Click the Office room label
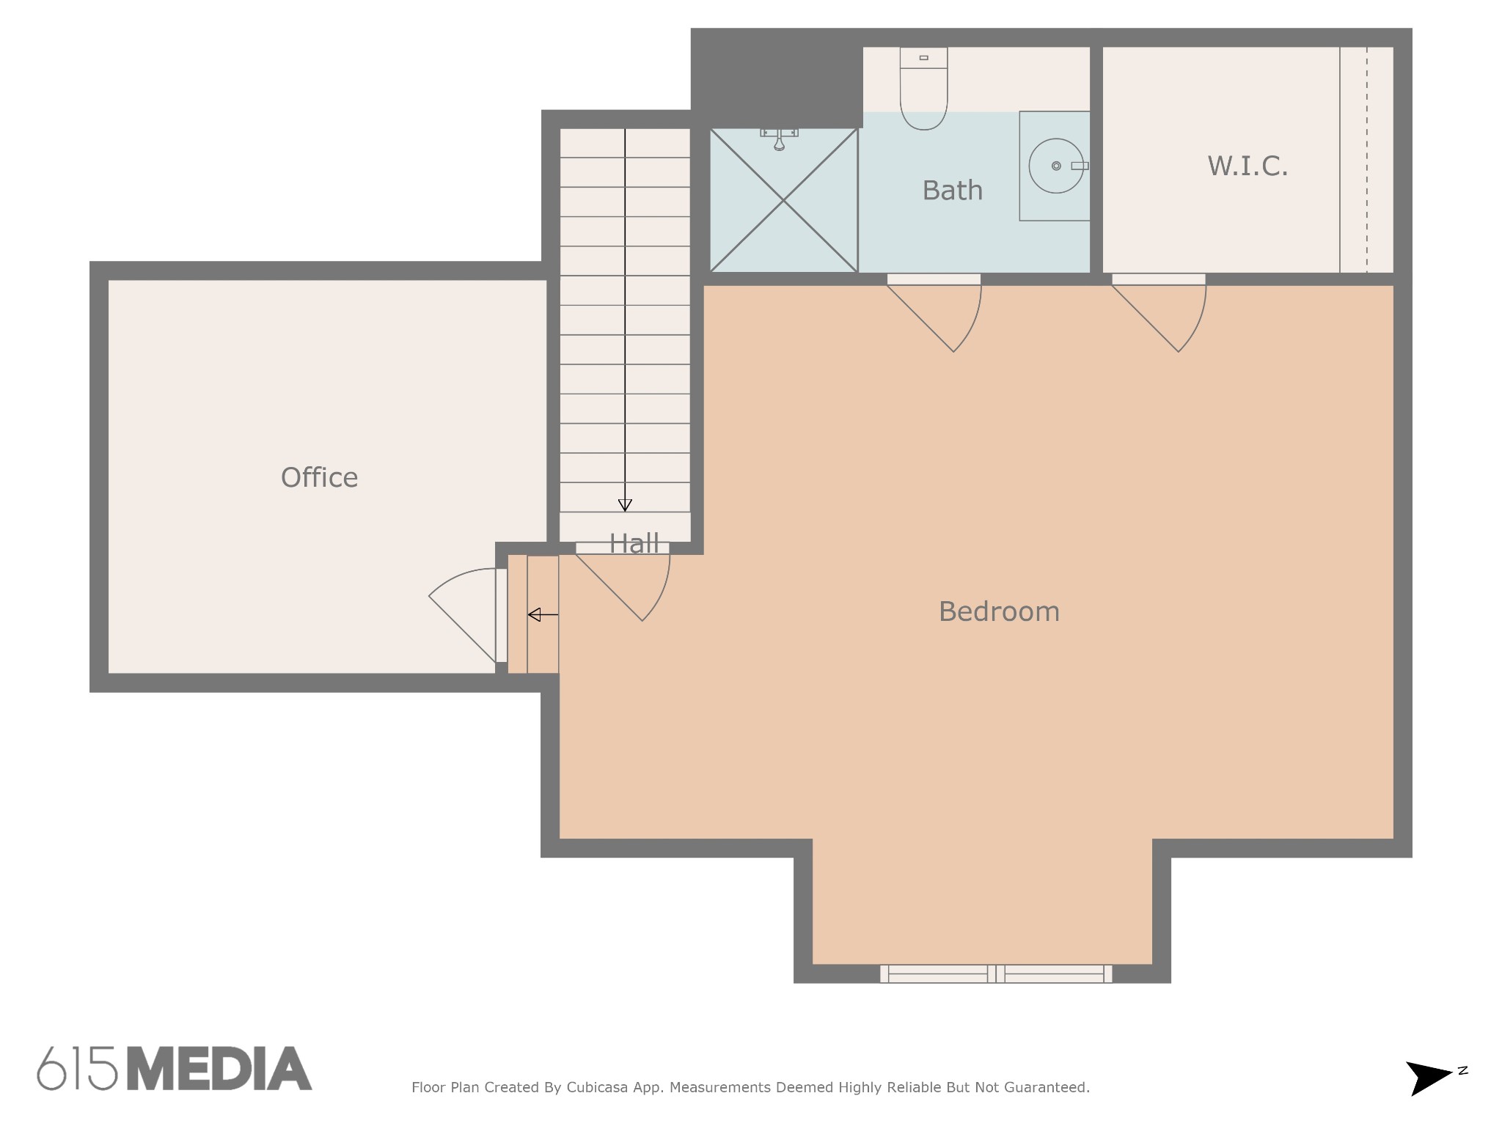[x=320, y=478]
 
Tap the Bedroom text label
[x=999, y=611]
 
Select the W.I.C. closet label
[x=1248, y=166]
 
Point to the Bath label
[x=952, y=191]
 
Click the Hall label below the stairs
[x=634, y=543]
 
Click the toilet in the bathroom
[x=923, y=89]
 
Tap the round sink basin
[x=1056, y=166]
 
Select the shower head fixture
[x=779, y=139]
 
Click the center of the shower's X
[x=783, y=200]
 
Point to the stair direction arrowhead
[x=625, y=505]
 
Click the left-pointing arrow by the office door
[x=543, y=614]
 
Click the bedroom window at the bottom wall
[x=996, y=974]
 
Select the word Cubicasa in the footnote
[x=597, y=1088]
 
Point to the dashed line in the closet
[x=1367, y=160]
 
